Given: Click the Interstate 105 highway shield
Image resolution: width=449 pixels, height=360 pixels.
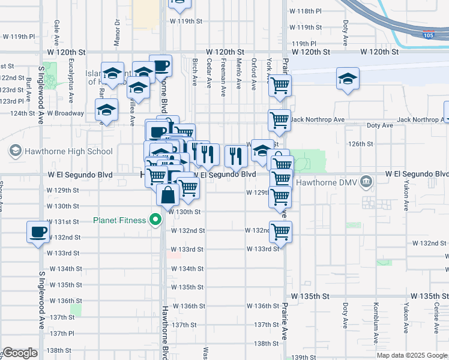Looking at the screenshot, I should tap(429, 35).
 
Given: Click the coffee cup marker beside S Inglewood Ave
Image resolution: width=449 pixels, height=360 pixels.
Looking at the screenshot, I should tap(38, 232).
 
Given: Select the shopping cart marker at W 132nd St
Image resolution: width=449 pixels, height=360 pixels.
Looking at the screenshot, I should tap(280, 231).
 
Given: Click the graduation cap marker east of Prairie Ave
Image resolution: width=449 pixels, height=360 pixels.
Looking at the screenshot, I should tap(348, 79).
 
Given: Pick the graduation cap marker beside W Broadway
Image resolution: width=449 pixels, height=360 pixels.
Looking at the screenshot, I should tap(106, 110).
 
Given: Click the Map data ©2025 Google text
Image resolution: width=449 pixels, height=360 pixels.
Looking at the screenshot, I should tap(411, 355).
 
